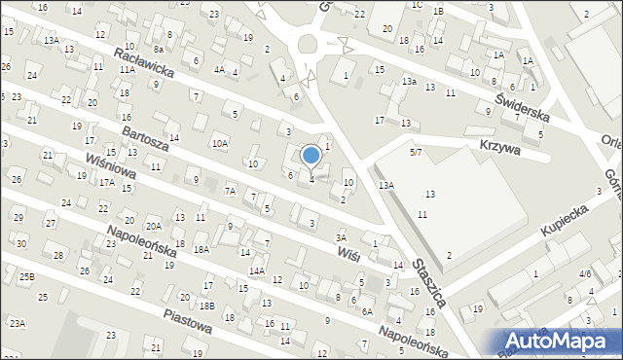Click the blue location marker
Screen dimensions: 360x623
(x=311, y=155)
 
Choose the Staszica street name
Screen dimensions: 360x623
(x=428, y=283)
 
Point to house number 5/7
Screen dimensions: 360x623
(x=416, y=152)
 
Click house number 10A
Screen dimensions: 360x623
(x=221, y=144)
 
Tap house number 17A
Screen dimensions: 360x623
(x=106, y=182)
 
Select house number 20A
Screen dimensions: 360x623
(x=153, y=225)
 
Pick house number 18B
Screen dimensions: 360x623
(x=207, y=306)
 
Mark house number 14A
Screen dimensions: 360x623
(x=257, y=270)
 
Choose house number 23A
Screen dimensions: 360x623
(x=18, y=323)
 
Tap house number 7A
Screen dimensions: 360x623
(x=231, y=191)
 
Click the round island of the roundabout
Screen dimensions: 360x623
(x=310, y=44)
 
